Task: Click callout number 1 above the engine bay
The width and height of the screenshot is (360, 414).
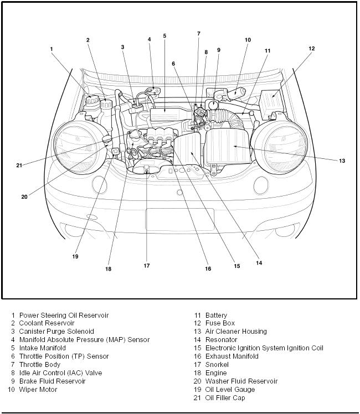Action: (52, 49)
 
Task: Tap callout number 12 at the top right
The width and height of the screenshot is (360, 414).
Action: (312, 48)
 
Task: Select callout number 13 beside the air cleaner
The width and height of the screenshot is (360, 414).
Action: (342, 161)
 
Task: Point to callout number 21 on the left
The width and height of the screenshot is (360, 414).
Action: (19, 165)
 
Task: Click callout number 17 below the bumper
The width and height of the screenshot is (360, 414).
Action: (147, 265)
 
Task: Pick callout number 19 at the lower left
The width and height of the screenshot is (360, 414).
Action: (75, 256)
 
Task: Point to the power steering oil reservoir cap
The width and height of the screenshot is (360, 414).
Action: (92, 102)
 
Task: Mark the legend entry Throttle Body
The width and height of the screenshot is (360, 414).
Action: (43, 365)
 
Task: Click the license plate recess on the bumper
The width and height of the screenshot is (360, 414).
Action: (179, 219)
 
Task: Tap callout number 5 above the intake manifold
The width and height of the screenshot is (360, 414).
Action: (164, 36)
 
